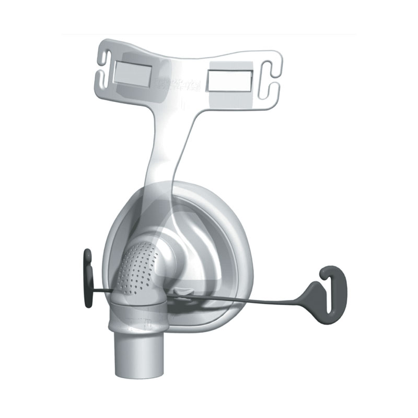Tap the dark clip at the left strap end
pos(88,277)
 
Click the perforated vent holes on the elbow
pos(137,266)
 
